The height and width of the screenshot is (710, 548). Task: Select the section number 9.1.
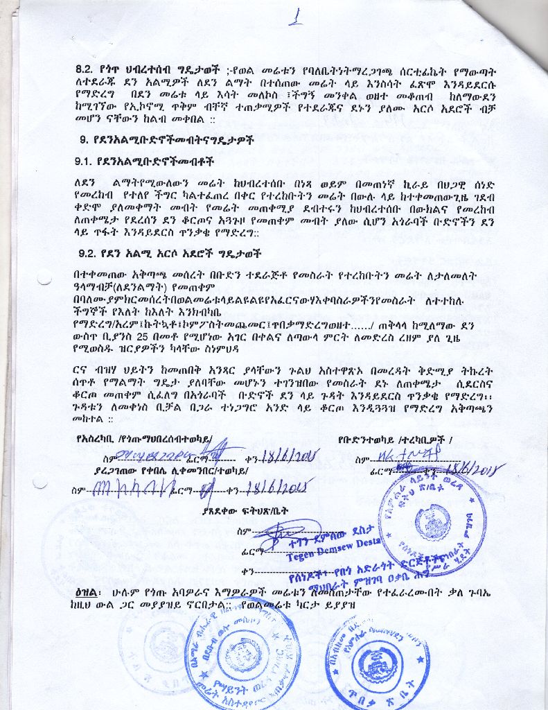pyautogui.click(x=87, y=161)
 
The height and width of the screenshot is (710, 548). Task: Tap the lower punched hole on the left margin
pyautogui.click(x=40, y=481)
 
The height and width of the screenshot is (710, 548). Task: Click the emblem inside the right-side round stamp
pyautogui.click(x=434, y=521)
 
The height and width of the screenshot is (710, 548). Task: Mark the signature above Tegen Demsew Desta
pyautogui.click(x=284, y=530)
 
